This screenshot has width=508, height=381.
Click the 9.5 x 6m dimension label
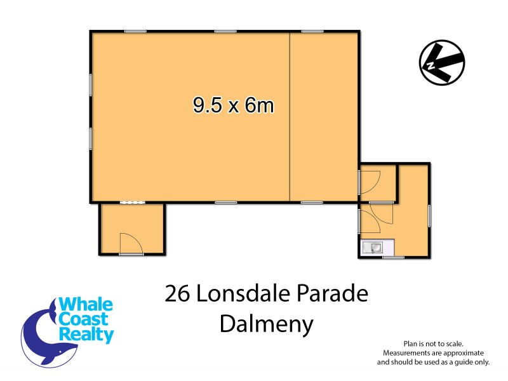point(234,105)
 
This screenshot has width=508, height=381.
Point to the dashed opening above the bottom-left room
point(133,203)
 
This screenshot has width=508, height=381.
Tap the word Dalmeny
point(267,324)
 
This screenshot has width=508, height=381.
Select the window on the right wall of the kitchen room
point(430,215)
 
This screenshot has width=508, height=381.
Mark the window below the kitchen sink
point(393,257)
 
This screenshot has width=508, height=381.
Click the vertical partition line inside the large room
point(290,117)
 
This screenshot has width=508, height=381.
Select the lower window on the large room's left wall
point(91,138)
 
